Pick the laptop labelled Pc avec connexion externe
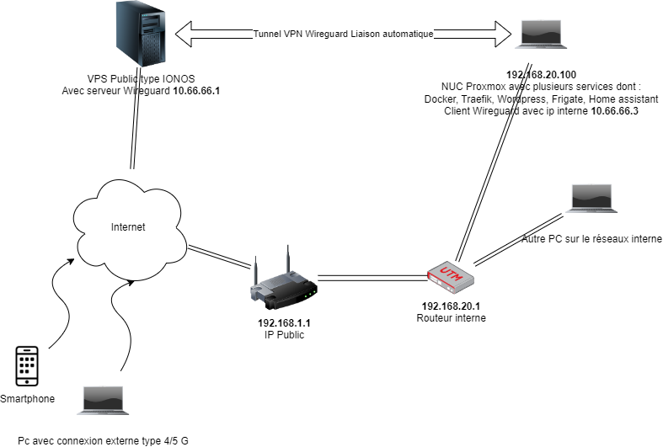(x=102, y=401)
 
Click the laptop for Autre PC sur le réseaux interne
(x=596, y=199)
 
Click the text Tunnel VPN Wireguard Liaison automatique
(x=343, y=35)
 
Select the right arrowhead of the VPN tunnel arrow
(x=503, y=35)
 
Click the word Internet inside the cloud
(x=128, y=226)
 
